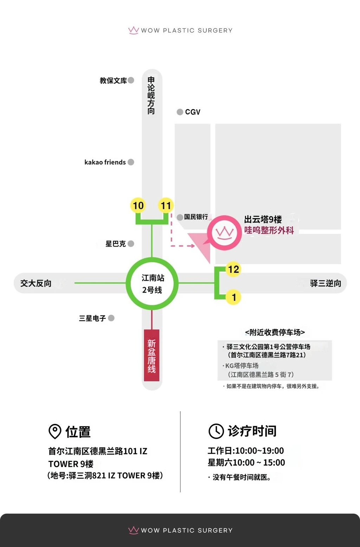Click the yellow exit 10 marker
click(138, 205)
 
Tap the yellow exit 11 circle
click(166, 205)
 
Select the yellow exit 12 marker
click(233, 269)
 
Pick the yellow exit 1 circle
click(233, 297)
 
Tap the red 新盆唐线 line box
click(152, 355)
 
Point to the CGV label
click(193, 112)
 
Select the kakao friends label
click(105, 162)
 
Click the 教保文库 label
click(113, 81)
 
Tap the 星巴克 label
click(115, 244)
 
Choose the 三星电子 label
click(92, 318)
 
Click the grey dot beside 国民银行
click(180, 217)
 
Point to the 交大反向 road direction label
click(36, 283)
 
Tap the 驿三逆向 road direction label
click(326, 283)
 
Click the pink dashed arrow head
click(193, 246)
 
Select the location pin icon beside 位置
click(55, 431)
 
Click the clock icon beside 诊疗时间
click(216, 431)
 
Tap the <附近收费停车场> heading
click(275, 332)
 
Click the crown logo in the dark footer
click(134, 530)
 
